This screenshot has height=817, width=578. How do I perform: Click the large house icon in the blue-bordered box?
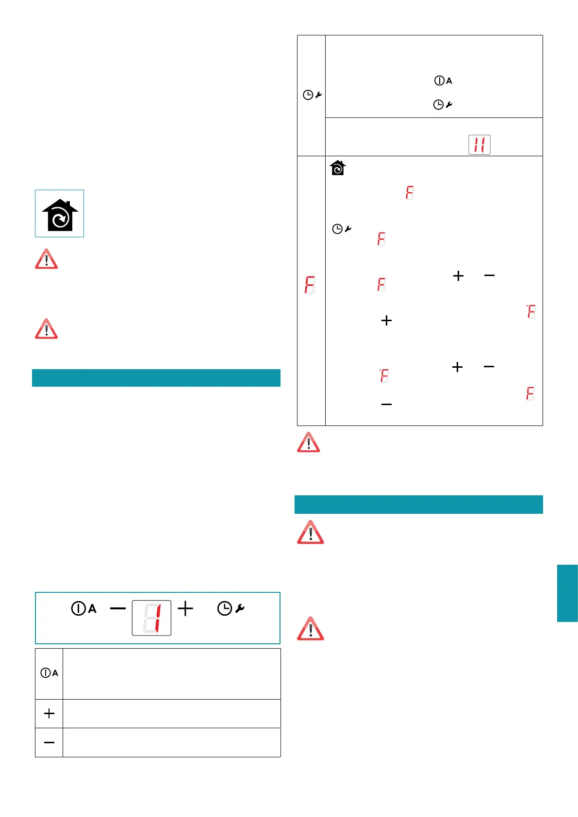60,214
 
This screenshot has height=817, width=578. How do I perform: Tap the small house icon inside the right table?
337,168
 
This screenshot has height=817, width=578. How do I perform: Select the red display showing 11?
479,145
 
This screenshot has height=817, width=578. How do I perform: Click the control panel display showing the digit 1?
151,618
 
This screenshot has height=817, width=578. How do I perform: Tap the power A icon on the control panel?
84,608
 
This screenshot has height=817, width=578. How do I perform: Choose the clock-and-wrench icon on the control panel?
231,608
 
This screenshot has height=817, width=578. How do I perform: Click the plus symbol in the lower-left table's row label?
49,713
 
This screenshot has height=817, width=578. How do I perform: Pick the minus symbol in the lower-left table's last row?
49,742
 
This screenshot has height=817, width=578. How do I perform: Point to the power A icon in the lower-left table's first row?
49,673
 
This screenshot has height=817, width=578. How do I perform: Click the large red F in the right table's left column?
310,285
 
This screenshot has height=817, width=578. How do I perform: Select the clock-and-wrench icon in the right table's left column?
312,95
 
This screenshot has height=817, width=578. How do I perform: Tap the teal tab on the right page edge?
567,593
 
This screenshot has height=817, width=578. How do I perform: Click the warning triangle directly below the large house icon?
46,259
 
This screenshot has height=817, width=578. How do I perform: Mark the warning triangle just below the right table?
308,442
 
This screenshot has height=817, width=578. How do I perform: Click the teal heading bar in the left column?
156,378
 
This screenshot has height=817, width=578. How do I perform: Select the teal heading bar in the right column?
418,504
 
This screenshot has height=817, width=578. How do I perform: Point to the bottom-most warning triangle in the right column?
310,629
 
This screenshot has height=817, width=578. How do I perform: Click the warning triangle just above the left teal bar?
46,329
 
